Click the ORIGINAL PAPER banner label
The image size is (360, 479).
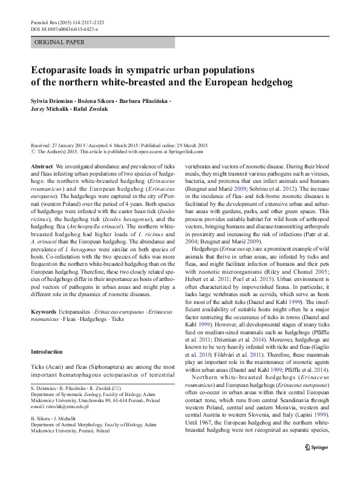click(59, 42)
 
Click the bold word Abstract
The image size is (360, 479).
click(41, 165)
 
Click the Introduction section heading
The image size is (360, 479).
click(46, 352)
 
